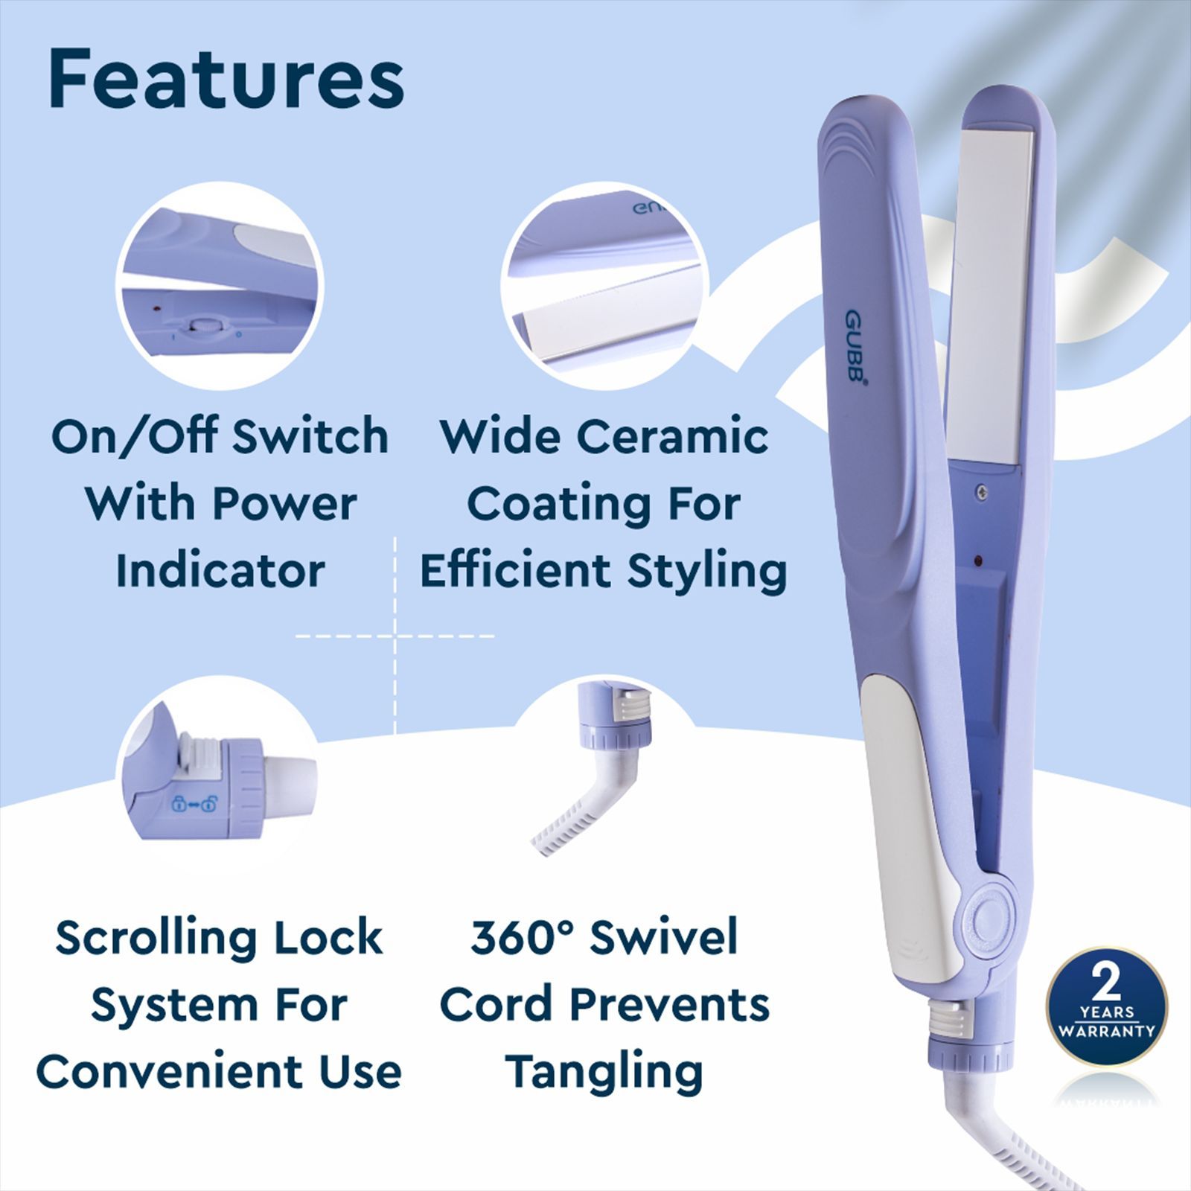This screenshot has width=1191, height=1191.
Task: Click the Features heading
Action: [226, 80]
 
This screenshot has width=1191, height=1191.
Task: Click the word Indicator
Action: [220, 571]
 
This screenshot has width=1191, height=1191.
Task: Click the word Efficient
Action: [515, 571]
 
